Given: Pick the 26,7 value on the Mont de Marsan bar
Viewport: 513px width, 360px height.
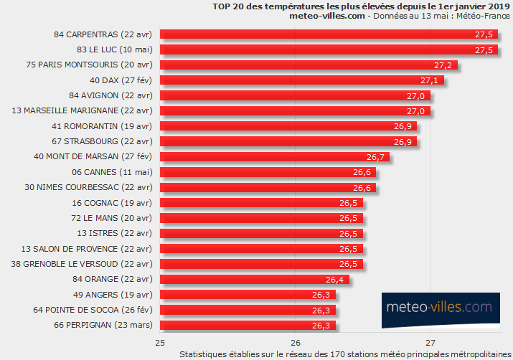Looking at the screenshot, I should pyautogui.click(x=376, y=157).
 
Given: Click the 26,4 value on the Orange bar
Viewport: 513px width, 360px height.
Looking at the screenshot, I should pyautogui.click(x=335, y=280).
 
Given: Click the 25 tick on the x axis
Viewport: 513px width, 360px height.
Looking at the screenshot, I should pyautogui.click(x=160, y=342).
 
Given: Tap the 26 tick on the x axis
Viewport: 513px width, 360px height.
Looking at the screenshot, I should pyautogui.click(x=295, y=342).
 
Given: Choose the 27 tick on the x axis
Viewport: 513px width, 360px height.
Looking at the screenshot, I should pyautogui.click(x=430, y=342).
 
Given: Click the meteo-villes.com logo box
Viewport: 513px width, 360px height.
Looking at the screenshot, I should pyautogui.click(x=439, y=307).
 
